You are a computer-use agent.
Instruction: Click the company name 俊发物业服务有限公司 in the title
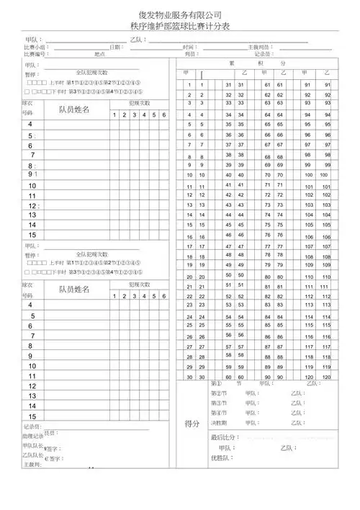[180, 14]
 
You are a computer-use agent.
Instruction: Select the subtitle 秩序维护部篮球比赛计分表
[180, 25]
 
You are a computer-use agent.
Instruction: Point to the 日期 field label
[114, 47]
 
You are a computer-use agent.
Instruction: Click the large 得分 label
[192, 424]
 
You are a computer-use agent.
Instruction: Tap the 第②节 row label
[218, 393]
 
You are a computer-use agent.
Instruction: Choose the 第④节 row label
[218, 413]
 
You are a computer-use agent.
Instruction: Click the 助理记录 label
[33, 437]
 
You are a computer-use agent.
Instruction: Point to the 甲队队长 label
[33, 446]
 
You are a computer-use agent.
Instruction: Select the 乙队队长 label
[33, 455]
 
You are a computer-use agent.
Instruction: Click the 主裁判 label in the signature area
[32, 465]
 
